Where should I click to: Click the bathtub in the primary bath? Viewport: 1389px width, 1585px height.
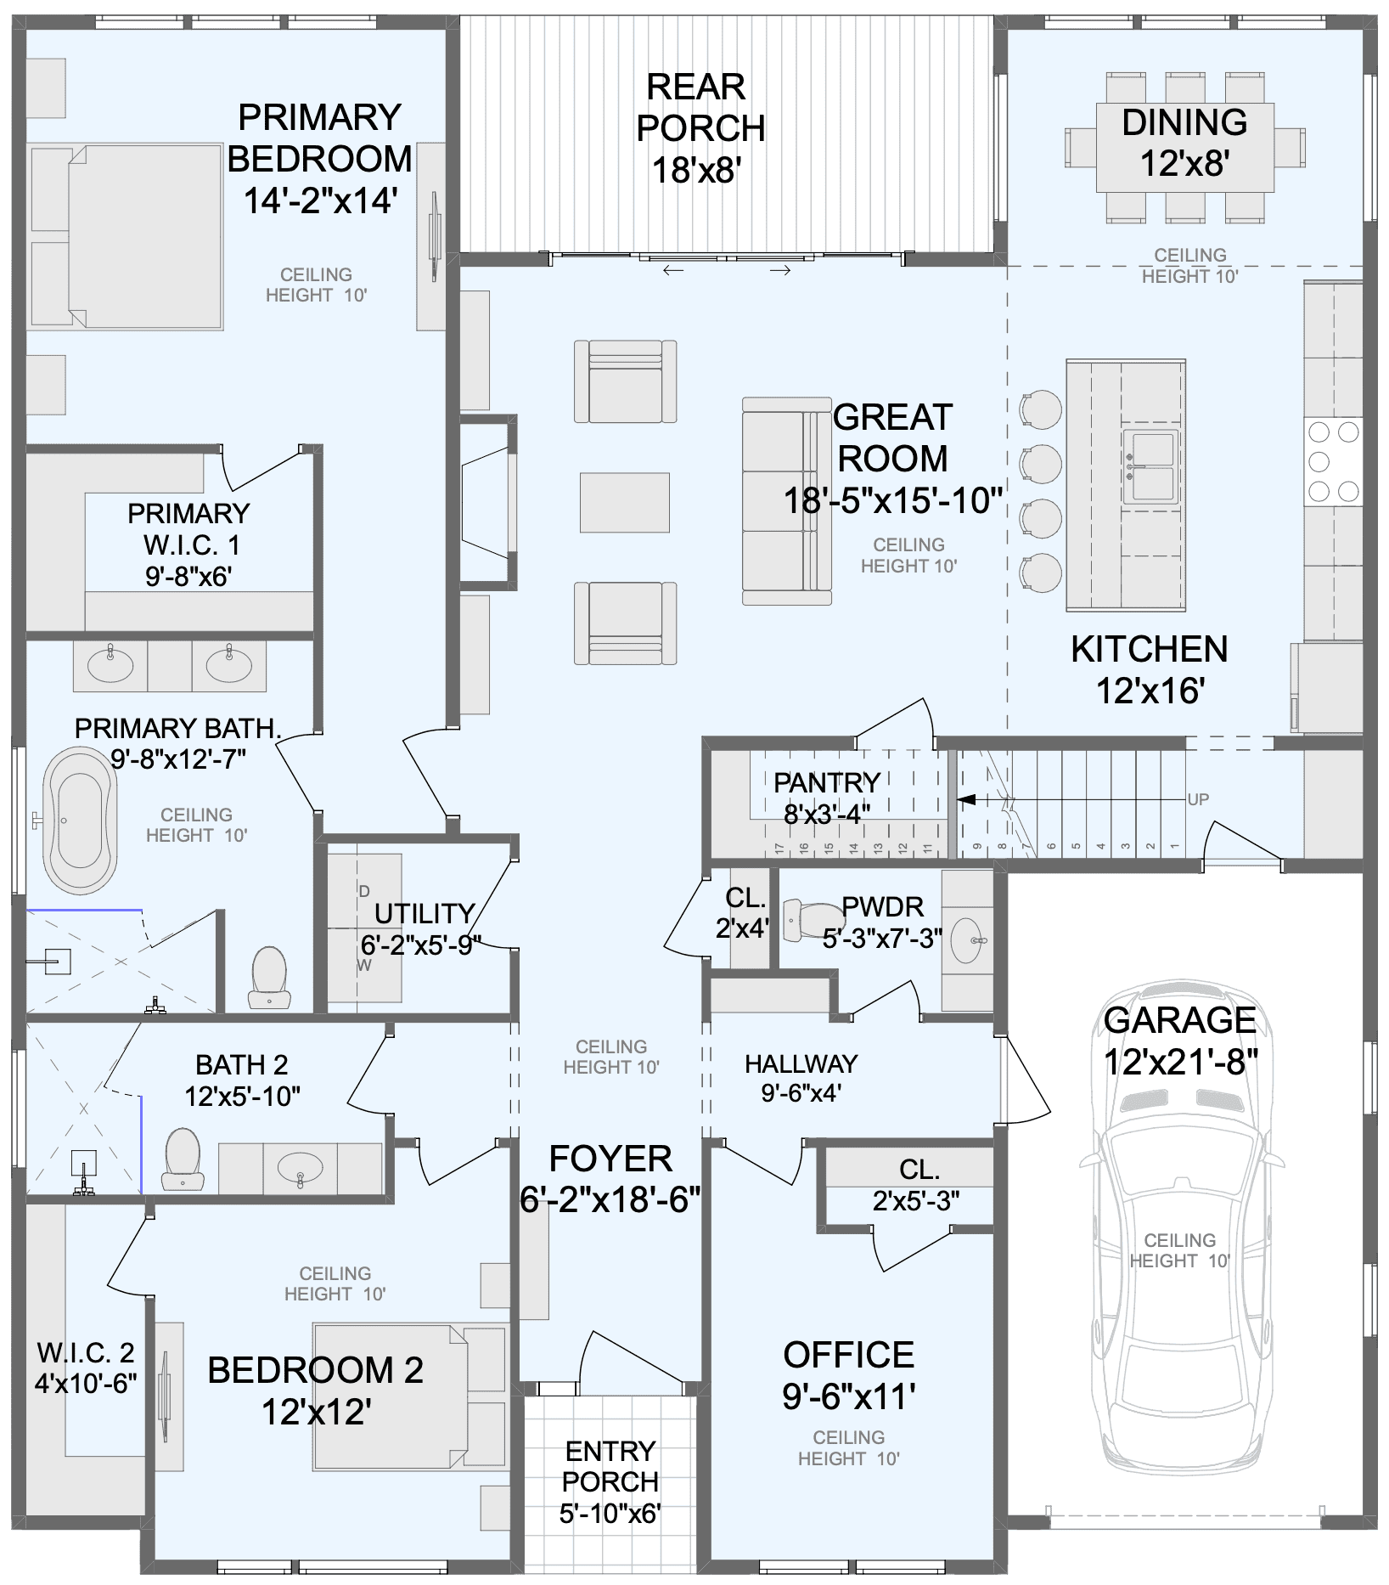pos(80,820)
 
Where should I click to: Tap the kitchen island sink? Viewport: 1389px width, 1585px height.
pos(1150,466)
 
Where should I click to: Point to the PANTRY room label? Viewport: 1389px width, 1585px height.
pos(826,782)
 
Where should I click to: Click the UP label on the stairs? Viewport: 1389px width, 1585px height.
pos(1198,799)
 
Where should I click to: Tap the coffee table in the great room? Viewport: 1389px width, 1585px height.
pos(624,502)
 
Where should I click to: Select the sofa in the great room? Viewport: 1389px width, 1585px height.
pos(786,501)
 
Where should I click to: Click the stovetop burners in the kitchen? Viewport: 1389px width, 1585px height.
pos(1333,461)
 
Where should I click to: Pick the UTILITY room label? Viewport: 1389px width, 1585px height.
pos(424,913)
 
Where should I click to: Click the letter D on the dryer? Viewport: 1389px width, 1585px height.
pos(364,891)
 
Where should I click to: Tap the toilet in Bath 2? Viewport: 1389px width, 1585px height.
pos(183,1159)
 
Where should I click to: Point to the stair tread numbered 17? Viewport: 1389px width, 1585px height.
pos(779,848)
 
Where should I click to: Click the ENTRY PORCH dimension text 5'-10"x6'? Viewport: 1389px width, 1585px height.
pos(610,1514)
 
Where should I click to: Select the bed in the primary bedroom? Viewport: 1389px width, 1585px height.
pos(127,236)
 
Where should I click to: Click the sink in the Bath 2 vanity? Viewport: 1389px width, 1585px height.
pos(300,1168)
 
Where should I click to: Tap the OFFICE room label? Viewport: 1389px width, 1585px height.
pos(848,1356)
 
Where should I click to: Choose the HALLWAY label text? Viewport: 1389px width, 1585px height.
pos(801,1063)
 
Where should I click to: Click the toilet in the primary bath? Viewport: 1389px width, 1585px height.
pos(269,977)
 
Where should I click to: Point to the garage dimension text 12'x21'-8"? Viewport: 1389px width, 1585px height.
pos(1180,1062)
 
